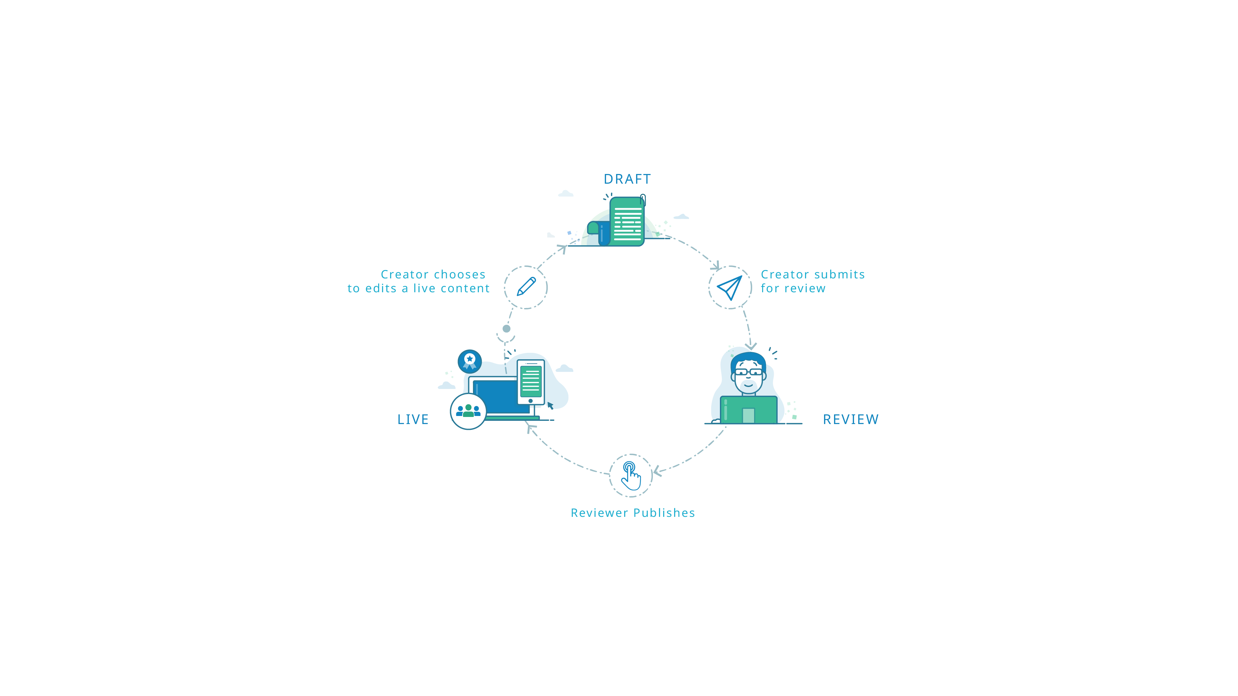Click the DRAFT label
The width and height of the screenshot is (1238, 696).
pos(627,179)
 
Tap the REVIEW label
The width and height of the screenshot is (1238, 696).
pos(851,419)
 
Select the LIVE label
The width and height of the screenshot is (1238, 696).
pos(413,419)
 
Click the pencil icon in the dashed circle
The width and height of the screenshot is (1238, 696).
pos(526,287)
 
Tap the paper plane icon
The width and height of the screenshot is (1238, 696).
pos(730,287)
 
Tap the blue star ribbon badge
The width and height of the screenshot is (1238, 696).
pos(469,361)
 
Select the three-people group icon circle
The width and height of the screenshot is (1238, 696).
pos(468,411)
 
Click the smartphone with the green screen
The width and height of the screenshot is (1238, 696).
pos(531,382)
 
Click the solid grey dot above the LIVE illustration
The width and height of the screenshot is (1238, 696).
pos(506,329)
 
